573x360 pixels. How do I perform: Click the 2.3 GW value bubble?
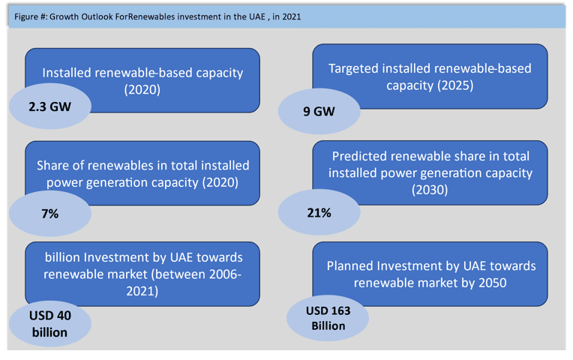50,106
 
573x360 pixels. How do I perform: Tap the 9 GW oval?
319,111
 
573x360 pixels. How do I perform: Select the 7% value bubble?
50,214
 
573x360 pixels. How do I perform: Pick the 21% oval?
319,212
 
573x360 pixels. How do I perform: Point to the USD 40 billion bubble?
50,324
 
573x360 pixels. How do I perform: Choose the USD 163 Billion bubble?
328,318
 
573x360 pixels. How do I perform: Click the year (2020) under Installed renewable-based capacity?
142,89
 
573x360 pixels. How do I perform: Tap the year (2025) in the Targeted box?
455,85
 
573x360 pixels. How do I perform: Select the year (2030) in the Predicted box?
430,190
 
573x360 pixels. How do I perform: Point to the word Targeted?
353,69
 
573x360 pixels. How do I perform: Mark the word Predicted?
359,156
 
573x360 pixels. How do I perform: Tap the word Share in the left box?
52,166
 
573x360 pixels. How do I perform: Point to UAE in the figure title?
258,16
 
